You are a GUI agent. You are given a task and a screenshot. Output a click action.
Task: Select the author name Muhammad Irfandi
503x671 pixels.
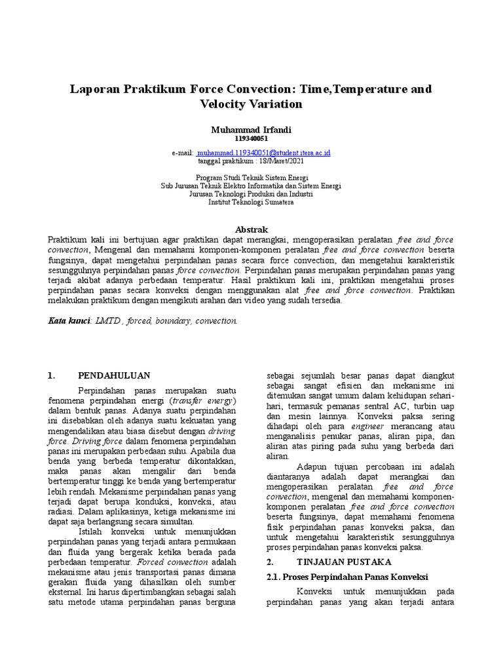pos(251,130)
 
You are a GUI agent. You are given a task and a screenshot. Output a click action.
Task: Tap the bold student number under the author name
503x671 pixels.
pos(251,138)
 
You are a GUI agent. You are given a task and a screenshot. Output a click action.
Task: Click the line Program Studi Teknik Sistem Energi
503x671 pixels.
pos(251,178)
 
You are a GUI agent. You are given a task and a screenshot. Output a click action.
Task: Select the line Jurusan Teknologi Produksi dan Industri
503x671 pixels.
pos(251,194)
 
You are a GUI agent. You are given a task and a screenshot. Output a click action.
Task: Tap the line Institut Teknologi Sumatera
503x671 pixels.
pos(251,202)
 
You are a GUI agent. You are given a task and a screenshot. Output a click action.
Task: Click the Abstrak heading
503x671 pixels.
pos(251,229)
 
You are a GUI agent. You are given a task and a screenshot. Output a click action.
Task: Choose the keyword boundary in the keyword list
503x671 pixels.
pos(176,321)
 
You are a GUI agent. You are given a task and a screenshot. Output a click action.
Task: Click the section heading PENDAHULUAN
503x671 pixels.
pos(114,375)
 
